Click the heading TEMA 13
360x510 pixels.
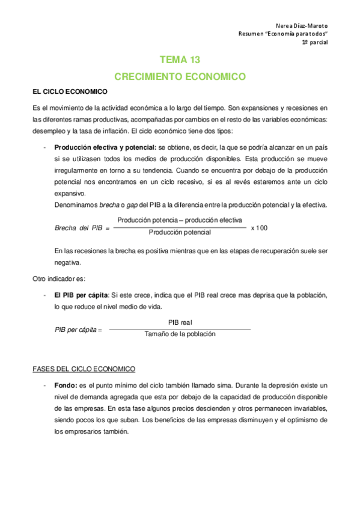180,60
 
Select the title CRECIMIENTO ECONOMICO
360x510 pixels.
180,77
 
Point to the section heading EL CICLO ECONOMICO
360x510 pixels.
70,92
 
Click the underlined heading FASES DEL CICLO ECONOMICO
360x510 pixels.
84,369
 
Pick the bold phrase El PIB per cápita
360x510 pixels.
81,295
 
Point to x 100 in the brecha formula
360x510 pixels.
259,228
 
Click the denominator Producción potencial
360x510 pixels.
180,232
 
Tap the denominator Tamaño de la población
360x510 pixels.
180,334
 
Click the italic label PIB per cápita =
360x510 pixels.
78,330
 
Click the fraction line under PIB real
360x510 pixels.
180,329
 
